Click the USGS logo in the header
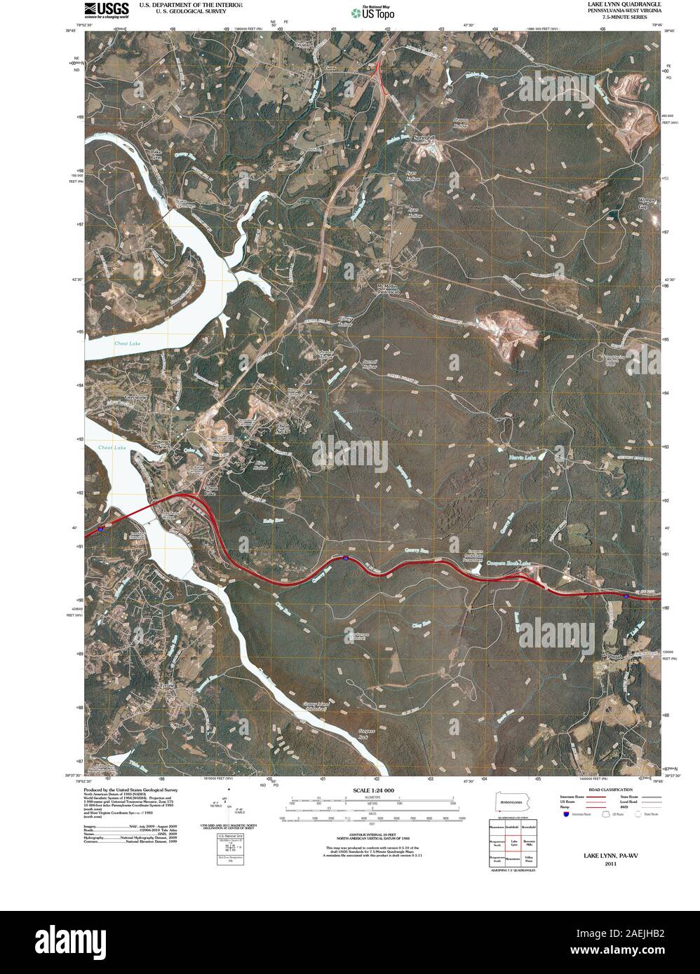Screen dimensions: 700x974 click(106, 9)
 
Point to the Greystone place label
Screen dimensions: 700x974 click(137, 397)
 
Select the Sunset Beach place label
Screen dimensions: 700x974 click(163, 444)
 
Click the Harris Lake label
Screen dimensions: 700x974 click(521, 458)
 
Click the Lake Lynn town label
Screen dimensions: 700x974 click(156, 155)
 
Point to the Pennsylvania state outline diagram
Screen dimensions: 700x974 click(512, 802)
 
